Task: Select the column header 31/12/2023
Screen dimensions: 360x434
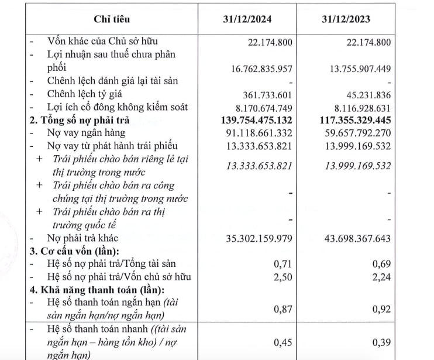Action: tap(350, 18)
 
